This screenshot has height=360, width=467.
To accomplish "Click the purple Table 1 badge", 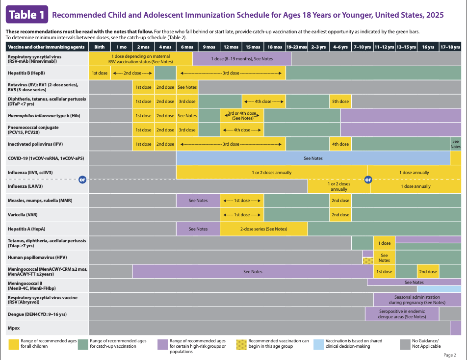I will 27,15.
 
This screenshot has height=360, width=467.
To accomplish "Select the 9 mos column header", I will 208,47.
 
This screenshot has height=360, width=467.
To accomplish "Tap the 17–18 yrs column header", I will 450,47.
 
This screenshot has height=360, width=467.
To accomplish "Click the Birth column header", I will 100,47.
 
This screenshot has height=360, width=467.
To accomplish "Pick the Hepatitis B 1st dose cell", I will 100,73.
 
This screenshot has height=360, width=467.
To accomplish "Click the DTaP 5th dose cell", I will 340,102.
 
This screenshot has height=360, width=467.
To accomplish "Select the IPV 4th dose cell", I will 340,144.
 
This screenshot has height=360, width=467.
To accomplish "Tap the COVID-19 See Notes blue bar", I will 313,158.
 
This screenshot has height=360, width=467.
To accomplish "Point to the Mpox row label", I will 13,328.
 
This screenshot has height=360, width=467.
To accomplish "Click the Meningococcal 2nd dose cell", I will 428,272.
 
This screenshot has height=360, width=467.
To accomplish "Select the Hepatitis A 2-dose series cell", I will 263,229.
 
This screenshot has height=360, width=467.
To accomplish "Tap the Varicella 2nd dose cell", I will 340,215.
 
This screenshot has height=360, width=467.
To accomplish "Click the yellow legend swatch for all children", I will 14,344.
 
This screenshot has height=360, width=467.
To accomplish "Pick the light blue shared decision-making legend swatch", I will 318,344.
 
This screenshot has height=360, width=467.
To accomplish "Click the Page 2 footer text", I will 450,355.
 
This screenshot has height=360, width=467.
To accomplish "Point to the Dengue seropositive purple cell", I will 403,314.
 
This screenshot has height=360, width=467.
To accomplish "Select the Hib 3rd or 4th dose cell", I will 242,116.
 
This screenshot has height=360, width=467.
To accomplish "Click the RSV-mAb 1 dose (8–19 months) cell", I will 242,59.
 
